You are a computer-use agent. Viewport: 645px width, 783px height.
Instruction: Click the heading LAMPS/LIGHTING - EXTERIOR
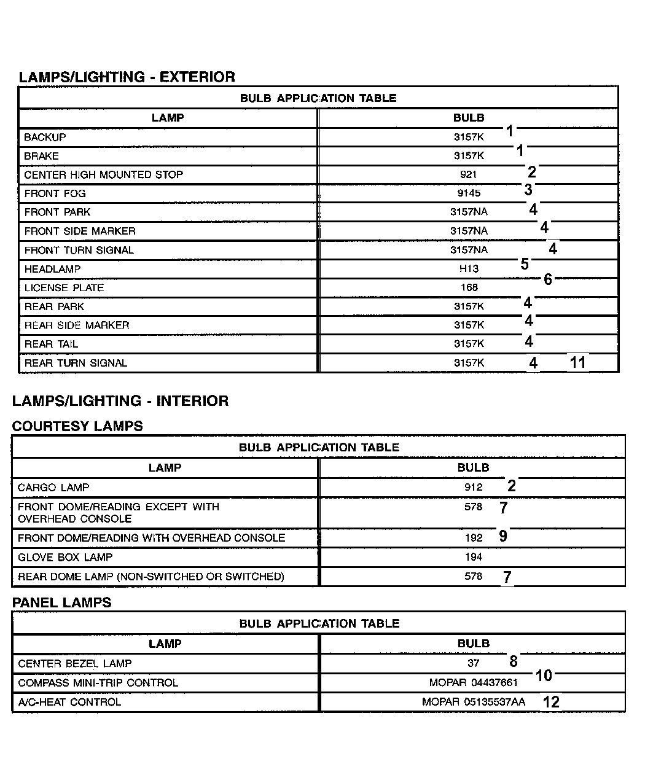(127, 77)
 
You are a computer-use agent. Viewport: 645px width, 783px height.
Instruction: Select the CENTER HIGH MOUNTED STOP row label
(103, 175)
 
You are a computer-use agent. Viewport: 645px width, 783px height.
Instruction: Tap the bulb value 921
(468, 175)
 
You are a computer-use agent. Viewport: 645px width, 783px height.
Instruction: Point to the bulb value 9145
(469, 193)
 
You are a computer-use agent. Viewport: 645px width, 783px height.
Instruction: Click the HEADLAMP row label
(52, 269)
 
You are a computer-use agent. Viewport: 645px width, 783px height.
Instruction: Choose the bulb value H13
(469, 269)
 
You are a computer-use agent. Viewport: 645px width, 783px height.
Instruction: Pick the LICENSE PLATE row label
(64, 288)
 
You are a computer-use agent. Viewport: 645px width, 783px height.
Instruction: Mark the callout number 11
(577, 362)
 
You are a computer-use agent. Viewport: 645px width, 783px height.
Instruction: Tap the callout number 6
(548, 279)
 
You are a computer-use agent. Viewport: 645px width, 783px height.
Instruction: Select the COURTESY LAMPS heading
(77, 426)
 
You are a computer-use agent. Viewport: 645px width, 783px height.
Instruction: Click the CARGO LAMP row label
(53, 488)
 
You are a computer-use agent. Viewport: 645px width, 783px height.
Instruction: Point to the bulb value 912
(473, 488)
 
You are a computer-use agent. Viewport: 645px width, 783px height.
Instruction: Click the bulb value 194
(473, 558)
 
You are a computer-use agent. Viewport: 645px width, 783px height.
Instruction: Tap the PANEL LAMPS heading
(62, 602)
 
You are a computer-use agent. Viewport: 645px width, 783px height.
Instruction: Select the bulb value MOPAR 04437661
(474, 683)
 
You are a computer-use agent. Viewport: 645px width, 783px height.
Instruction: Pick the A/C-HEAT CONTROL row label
(69, 702)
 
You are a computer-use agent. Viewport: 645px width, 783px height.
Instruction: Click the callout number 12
(551, 702)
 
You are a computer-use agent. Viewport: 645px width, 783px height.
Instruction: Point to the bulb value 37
(473, 663)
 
